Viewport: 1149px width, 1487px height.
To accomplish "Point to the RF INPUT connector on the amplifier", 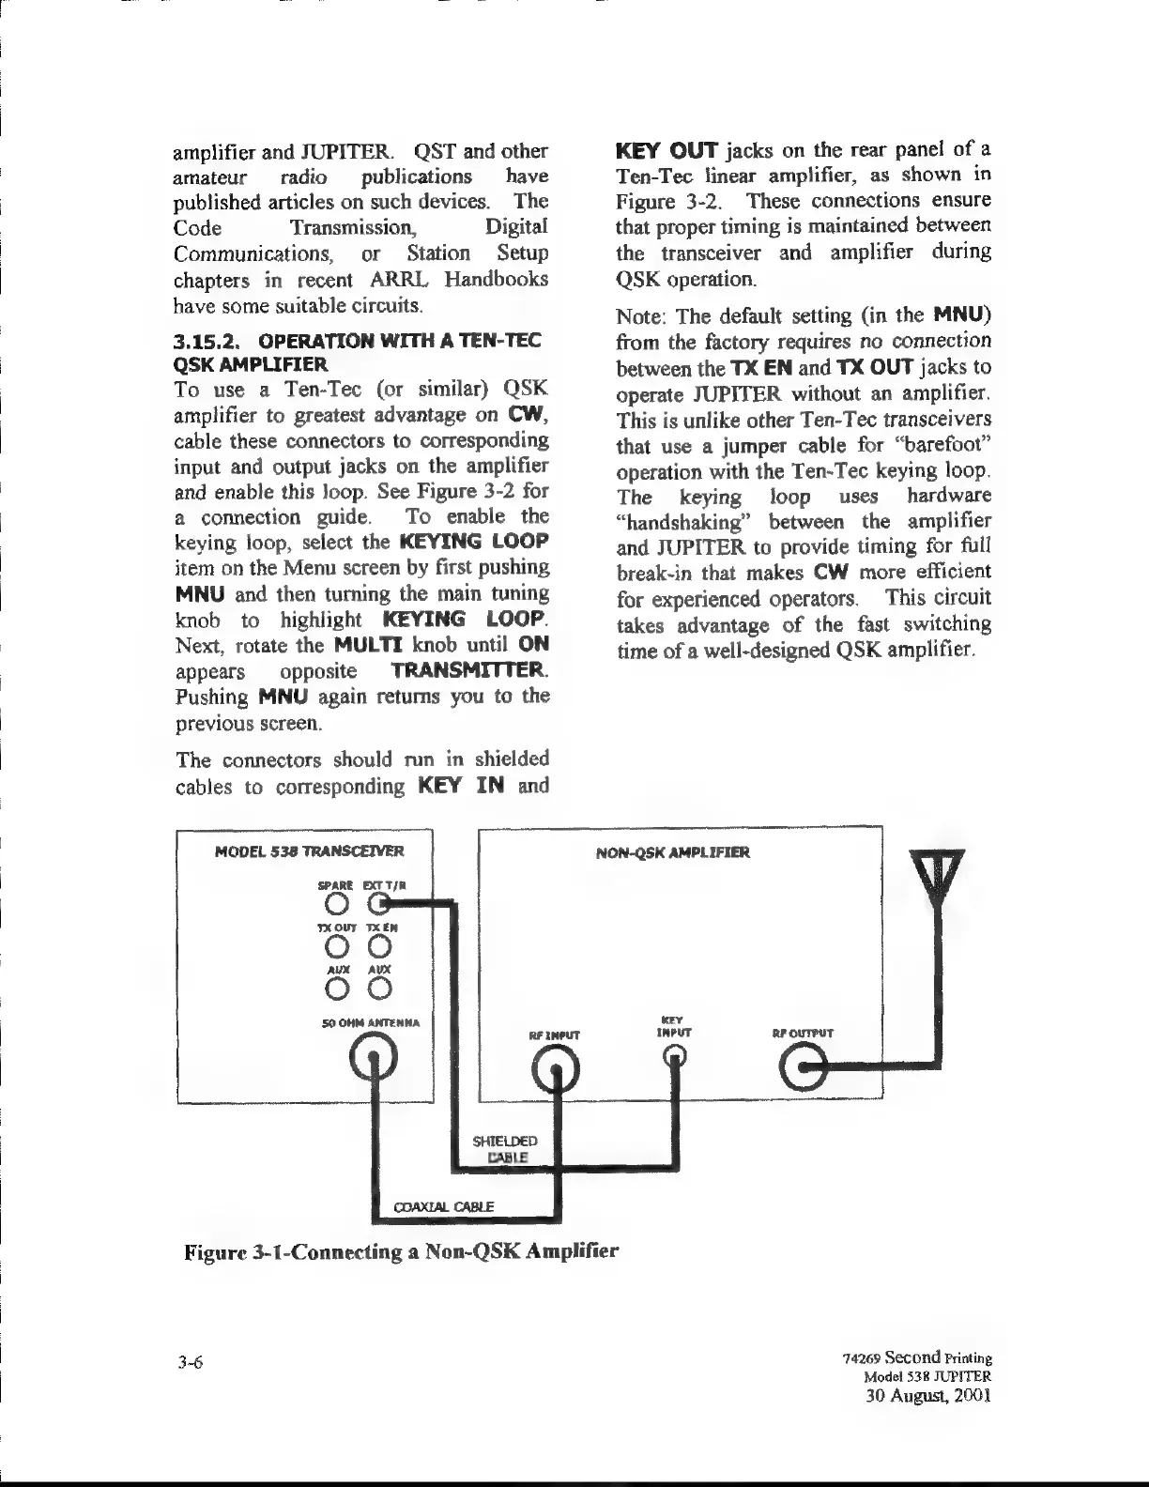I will click(556, 1064).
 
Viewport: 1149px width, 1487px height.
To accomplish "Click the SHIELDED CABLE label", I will click(508, 1149).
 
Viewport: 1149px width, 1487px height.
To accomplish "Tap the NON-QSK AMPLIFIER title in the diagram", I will click(672, 853).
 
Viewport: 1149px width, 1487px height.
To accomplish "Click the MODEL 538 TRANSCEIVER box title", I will click(309, 852).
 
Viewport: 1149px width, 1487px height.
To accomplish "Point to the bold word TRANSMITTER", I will click(468, 672).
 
